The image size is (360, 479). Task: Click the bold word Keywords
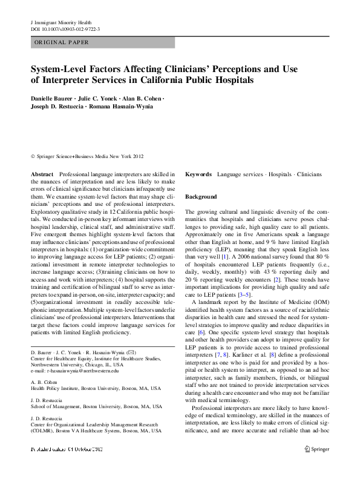(x=198, y=174)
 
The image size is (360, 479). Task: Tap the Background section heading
(x=201, y=197)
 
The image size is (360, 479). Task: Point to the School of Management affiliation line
(x=88, y=408)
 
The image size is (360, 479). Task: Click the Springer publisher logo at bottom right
(x=316, y=467)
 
